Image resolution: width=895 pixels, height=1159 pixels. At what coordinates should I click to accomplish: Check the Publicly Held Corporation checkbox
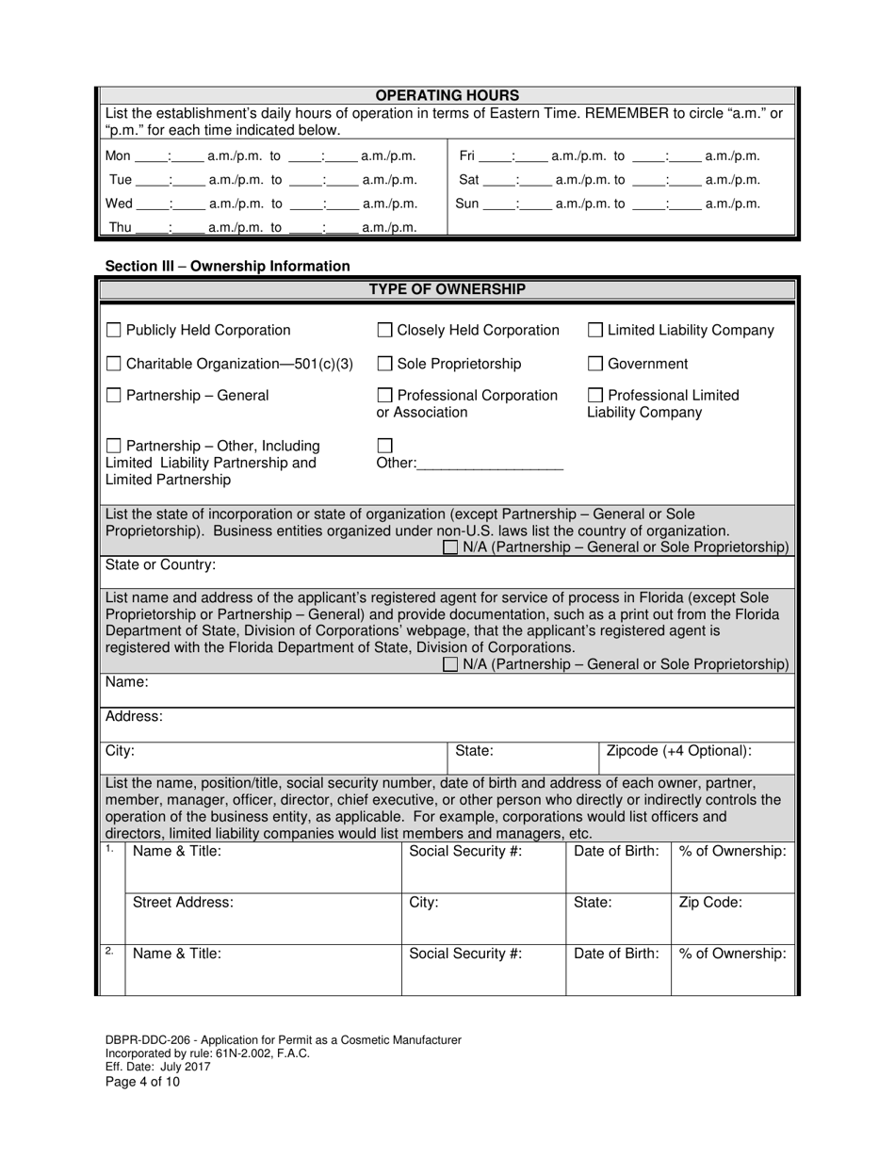tap(113, 331)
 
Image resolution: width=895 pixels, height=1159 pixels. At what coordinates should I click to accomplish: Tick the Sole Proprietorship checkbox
tap(384, 364)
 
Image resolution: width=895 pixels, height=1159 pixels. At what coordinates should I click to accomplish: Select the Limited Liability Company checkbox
tap(595, 331)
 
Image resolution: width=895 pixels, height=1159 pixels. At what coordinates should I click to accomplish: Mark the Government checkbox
tap(595, 364)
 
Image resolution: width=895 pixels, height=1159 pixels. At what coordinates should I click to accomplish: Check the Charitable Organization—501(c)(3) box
tap(113, 364)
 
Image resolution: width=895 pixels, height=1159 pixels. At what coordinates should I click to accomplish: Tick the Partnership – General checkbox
tap(113, 396)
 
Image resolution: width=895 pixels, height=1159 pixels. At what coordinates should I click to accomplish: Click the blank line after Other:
tap(489, 463)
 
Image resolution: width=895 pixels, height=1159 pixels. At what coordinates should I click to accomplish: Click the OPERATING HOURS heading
tap(447, 95)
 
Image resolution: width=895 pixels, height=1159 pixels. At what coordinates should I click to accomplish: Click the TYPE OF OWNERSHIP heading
tap(447, 289)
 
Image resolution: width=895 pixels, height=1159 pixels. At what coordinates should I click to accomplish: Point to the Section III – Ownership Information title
tap(227, 267)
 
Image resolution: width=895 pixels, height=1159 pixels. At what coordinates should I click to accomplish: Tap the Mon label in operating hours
tap(118, 156)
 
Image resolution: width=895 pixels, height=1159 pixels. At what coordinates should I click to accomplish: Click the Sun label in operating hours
tap(467, 204)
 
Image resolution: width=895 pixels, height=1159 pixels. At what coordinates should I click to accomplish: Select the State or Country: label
tap(160, 565)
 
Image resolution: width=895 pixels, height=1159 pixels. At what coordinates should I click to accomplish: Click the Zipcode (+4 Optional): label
tap(678, 751)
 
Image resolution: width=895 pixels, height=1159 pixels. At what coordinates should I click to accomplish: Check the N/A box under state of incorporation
tap(451, 547)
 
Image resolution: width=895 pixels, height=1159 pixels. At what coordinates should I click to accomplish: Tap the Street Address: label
tap(183, 902)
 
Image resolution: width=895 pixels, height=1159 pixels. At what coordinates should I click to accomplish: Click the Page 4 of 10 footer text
tap(142, 1082)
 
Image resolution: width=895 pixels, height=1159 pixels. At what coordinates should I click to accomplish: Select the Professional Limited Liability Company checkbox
tap(595, 396)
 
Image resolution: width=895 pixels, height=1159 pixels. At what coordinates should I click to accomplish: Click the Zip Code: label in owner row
tap(710, 902)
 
